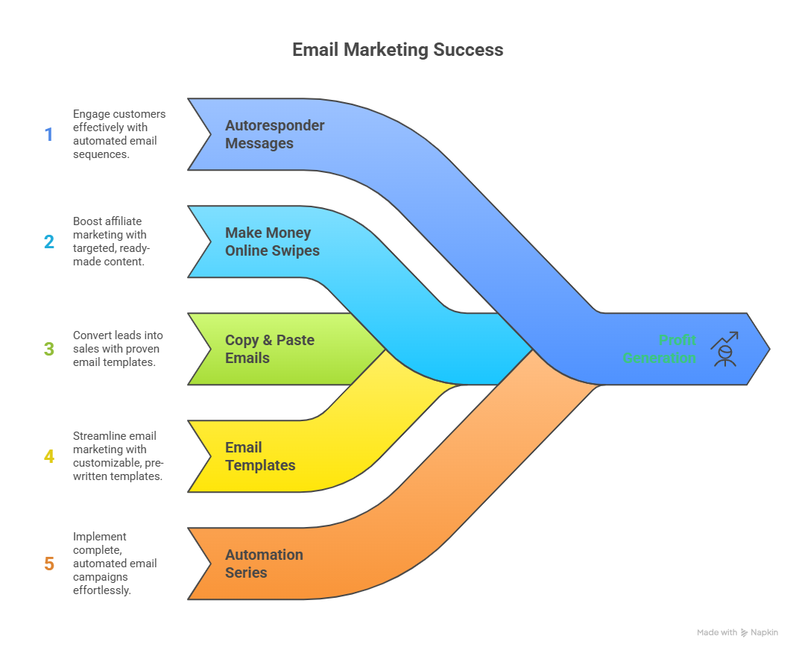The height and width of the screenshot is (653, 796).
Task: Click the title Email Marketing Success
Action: tap(397, 50)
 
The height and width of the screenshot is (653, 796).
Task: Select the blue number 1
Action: tap(49, 135)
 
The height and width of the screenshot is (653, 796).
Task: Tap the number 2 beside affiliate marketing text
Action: tap(49, 242)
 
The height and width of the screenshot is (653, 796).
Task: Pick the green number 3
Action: tap(49, 349)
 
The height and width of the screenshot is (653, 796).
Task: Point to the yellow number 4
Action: tap(49, 456)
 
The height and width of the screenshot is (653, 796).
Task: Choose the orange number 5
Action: tap(49, 564)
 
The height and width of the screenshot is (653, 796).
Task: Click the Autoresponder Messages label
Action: tap(274, 134)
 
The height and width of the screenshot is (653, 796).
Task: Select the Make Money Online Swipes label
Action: tap(272, 242)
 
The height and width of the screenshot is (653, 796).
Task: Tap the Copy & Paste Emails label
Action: tap(269, 349)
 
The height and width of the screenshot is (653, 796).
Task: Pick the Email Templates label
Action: tap(260, 456)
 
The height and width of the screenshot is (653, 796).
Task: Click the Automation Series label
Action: tap(264, 564)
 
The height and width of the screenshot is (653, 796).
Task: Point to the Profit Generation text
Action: tap(659, 349)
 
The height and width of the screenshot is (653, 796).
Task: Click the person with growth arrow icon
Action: tap(724, 349)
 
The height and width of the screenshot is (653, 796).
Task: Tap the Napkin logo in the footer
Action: tap(759, 632)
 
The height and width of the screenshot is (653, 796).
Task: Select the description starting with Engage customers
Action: tap(119, 134)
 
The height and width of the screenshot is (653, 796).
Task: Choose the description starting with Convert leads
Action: tap(118, 349)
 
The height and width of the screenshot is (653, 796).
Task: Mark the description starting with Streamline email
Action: tap(117, 456)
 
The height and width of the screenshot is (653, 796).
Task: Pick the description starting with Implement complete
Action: tap(114, 564)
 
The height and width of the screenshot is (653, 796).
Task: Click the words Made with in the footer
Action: tap(716, 632)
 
